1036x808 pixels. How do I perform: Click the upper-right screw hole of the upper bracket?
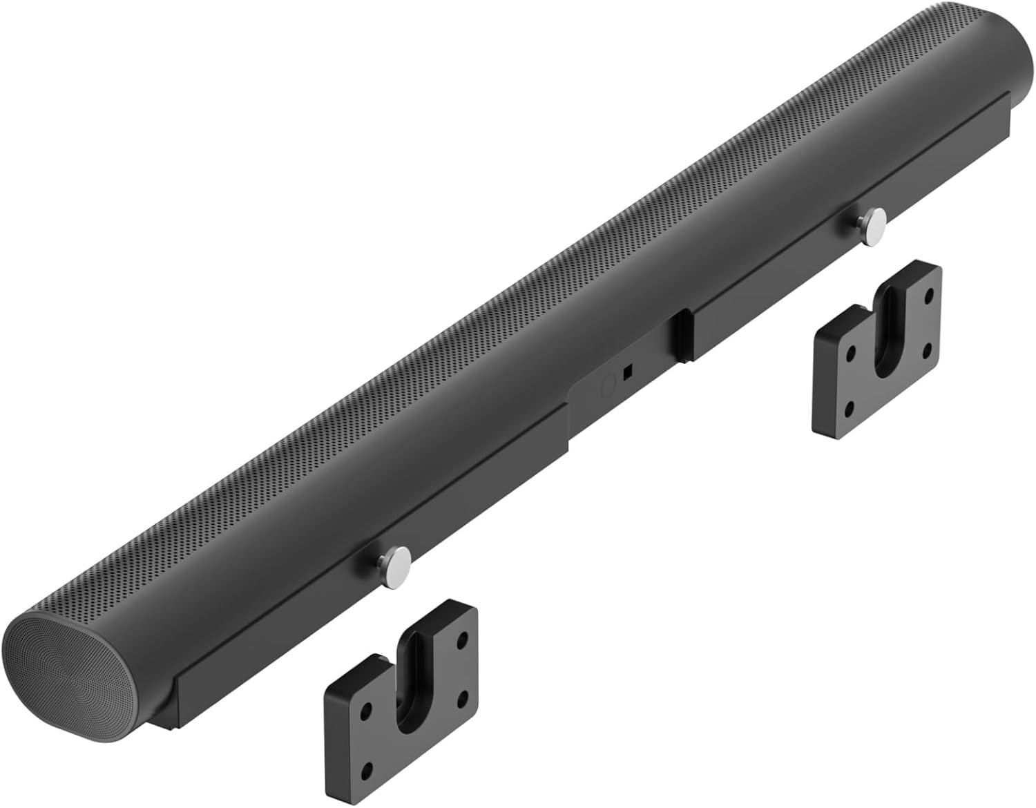coord(929,293)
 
